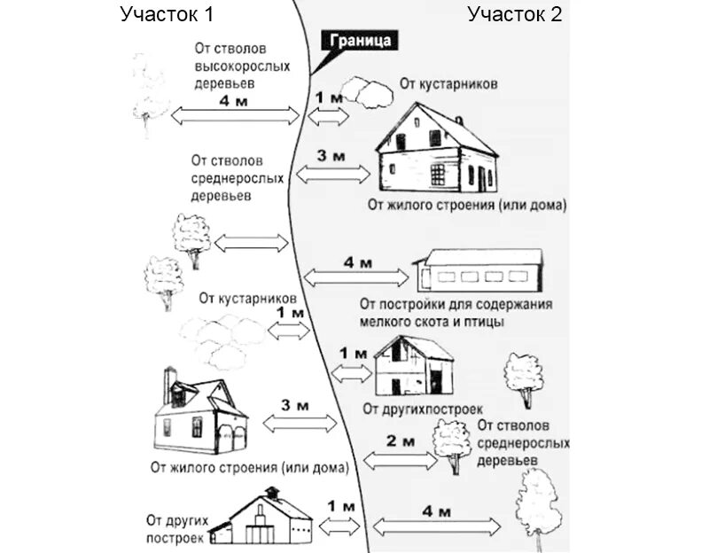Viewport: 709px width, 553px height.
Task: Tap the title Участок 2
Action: (515, 14)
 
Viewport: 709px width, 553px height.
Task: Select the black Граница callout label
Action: (360, 41)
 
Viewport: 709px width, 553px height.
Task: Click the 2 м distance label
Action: (401, 440)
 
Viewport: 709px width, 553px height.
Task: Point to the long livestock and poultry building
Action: (479, 269)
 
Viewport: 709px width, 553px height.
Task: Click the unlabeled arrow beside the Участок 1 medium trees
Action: (253, 242)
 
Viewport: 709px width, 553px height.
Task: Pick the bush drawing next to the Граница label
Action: (362, 89)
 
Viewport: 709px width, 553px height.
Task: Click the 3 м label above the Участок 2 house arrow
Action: (330, 155)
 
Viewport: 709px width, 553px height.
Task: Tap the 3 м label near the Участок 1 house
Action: (294, 406)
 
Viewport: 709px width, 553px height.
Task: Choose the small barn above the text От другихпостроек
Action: (412, 365)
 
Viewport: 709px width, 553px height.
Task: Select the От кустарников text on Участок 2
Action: (448, 84)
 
